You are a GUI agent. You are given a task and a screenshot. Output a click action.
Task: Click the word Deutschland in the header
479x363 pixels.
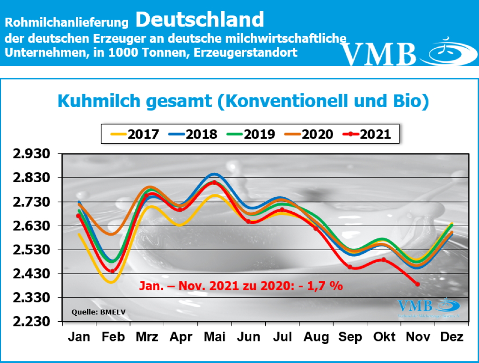[200, 19]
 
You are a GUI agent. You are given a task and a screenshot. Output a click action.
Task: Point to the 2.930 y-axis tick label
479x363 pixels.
[33, 154]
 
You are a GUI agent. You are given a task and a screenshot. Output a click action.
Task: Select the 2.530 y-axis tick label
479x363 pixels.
[33, 250]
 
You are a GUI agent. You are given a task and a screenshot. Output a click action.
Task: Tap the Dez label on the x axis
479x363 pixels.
[452, 337]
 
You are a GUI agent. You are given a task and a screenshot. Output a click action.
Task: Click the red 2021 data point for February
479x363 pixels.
[112, 271]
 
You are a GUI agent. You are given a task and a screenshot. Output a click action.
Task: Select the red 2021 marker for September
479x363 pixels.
[349, 267]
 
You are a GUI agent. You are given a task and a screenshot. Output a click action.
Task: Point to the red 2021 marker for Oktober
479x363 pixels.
[384, 259]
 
